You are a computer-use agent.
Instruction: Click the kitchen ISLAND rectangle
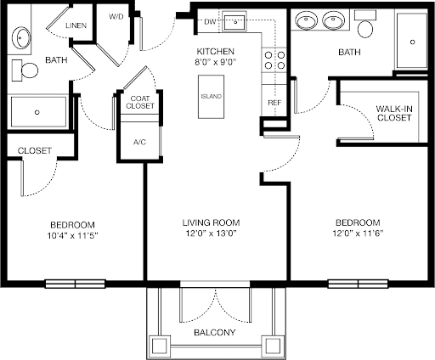click(x=212, y=97)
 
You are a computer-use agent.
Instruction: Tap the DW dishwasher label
click(x=210, y=22)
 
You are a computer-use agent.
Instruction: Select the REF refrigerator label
click(x=274, y=103)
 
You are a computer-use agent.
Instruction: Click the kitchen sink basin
click(x=234, y=21)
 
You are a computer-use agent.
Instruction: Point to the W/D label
click(x=116, y=17)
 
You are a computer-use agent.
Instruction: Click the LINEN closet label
click(x=76, y=25)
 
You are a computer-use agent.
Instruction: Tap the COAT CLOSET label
click(x=140, y=102)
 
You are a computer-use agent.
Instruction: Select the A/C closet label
click(x=139, y=142)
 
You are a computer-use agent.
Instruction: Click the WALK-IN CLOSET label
click(x=394, y=113)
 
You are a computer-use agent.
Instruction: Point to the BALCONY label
click(x=215, y=332)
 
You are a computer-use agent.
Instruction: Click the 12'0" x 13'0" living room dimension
click(x=212, y=233)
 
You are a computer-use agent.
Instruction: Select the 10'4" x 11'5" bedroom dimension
click(x=72, y=235)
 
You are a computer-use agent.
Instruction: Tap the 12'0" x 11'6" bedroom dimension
click(x=358, y=233)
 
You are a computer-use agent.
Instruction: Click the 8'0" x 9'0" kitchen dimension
click(x=216, y=62)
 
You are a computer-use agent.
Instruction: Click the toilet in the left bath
click(x=25, y=70)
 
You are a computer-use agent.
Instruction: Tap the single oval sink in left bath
click(x=20, y=37)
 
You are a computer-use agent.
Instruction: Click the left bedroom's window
click(x=76, y=284)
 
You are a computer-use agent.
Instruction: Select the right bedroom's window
click(x=358, y=284)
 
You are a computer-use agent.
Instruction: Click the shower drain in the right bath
click(x=412, y=42)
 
